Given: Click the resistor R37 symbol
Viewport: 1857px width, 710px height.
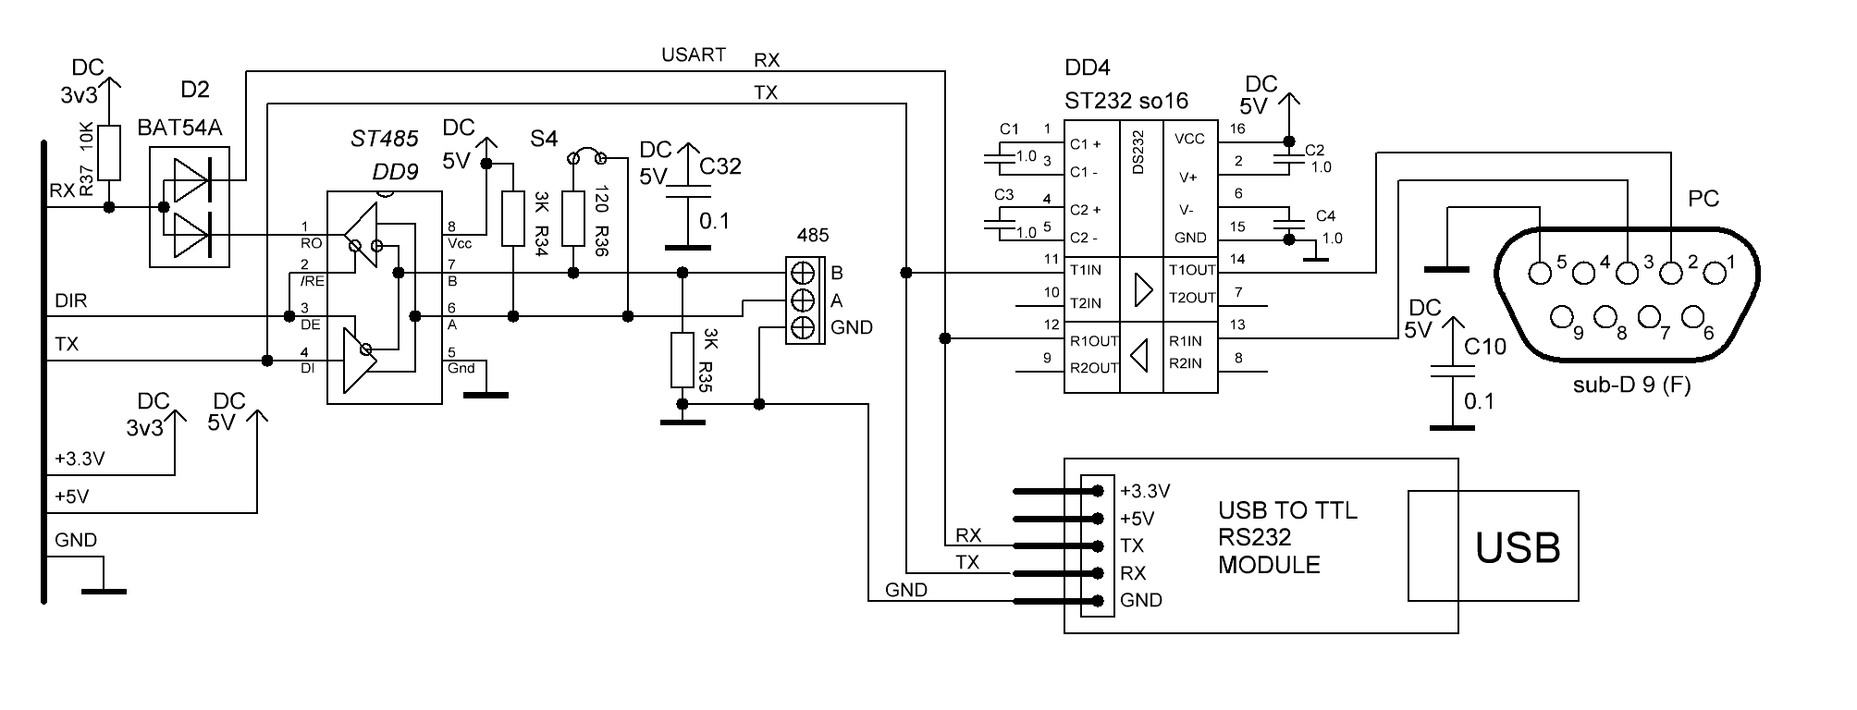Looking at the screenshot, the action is tap(109, 153).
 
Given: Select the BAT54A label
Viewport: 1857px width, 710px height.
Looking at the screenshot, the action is tap(179, 128).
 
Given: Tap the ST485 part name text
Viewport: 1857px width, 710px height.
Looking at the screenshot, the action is tap(385, 140).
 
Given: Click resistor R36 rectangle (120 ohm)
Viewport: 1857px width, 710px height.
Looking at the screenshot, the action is tap(573, 218).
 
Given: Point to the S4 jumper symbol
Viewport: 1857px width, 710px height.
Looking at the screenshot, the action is tap(586, 155).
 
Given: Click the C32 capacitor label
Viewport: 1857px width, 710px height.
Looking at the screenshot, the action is tap(720, 166).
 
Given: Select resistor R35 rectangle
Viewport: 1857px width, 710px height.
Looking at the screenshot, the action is tap(683, 361).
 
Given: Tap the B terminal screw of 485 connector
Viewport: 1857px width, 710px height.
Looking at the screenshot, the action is tap(803, 273).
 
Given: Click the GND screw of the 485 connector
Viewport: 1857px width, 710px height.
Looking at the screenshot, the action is tap(803, 326).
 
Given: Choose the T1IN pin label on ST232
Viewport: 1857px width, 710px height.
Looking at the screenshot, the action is tap(1085, 269).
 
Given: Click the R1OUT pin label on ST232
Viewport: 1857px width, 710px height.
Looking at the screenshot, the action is tap(1094, 340).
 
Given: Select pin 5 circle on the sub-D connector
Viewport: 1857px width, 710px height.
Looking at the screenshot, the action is tap(1540, 273).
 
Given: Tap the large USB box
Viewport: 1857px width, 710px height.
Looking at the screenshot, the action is tap(1493, 545).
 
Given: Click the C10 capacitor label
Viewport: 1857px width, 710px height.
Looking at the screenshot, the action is tap(1485, 347).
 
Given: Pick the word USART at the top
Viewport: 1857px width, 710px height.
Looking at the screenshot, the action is tap(694, 55).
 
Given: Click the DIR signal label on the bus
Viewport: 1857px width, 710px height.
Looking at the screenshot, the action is tap(71, 300).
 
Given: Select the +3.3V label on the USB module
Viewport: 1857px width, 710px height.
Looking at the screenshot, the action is tap(1145, 490).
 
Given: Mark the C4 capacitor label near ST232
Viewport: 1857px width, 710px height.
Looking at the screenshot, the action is tap(1325, 216).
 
